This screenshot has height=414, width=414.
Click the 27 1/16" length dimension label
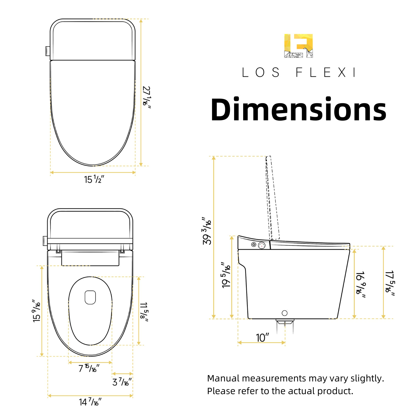[x=147, y=97]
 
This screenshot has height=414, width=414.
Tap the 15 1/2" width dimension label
[x=94, y=179]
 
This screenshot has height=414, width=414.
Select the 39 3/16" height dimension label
[x=207, y=231]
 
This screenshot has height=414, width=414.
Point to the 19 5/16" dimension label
[x=226, y=275]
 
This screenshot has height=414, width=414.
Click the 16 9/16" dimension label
[x=361, y=285]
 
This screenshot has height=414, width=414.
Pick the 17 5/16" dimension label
[x=390, y=283]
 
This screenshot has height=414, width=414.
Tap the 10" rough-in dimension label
[x=262, y=338]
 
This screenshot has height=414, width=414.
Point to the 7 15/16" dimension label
[x=89, y=368]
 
